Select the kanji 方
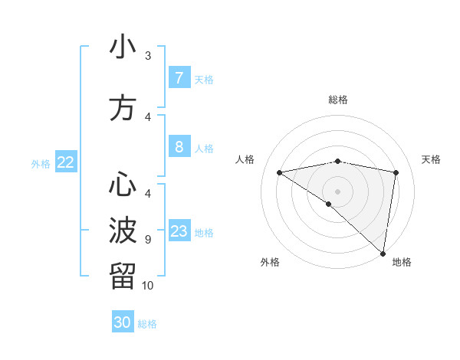point(123,108)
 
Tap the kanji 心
point(123,185)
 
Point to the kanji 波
point(123,230)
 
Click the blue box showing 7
point(179,78)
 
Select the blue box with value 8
point(179,147)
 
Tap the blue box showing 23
point(179,231)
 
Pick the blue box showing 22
point(66,162)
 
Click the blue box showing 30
point(123,322)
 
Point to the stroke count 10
point(148,286)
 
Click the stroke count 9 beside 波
point(148,239)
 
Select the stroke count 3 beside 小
point(148,55)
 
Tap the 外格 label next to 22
point(40,163)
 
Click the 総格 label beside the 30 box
point(147,324)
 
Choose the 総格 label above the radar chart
point(337,100)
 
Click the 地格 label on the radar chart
point(402,262)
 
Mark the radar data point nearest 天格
point(396,172)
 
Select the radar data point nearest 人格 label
point(280,172)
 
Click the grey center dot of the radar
point(337,190)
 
